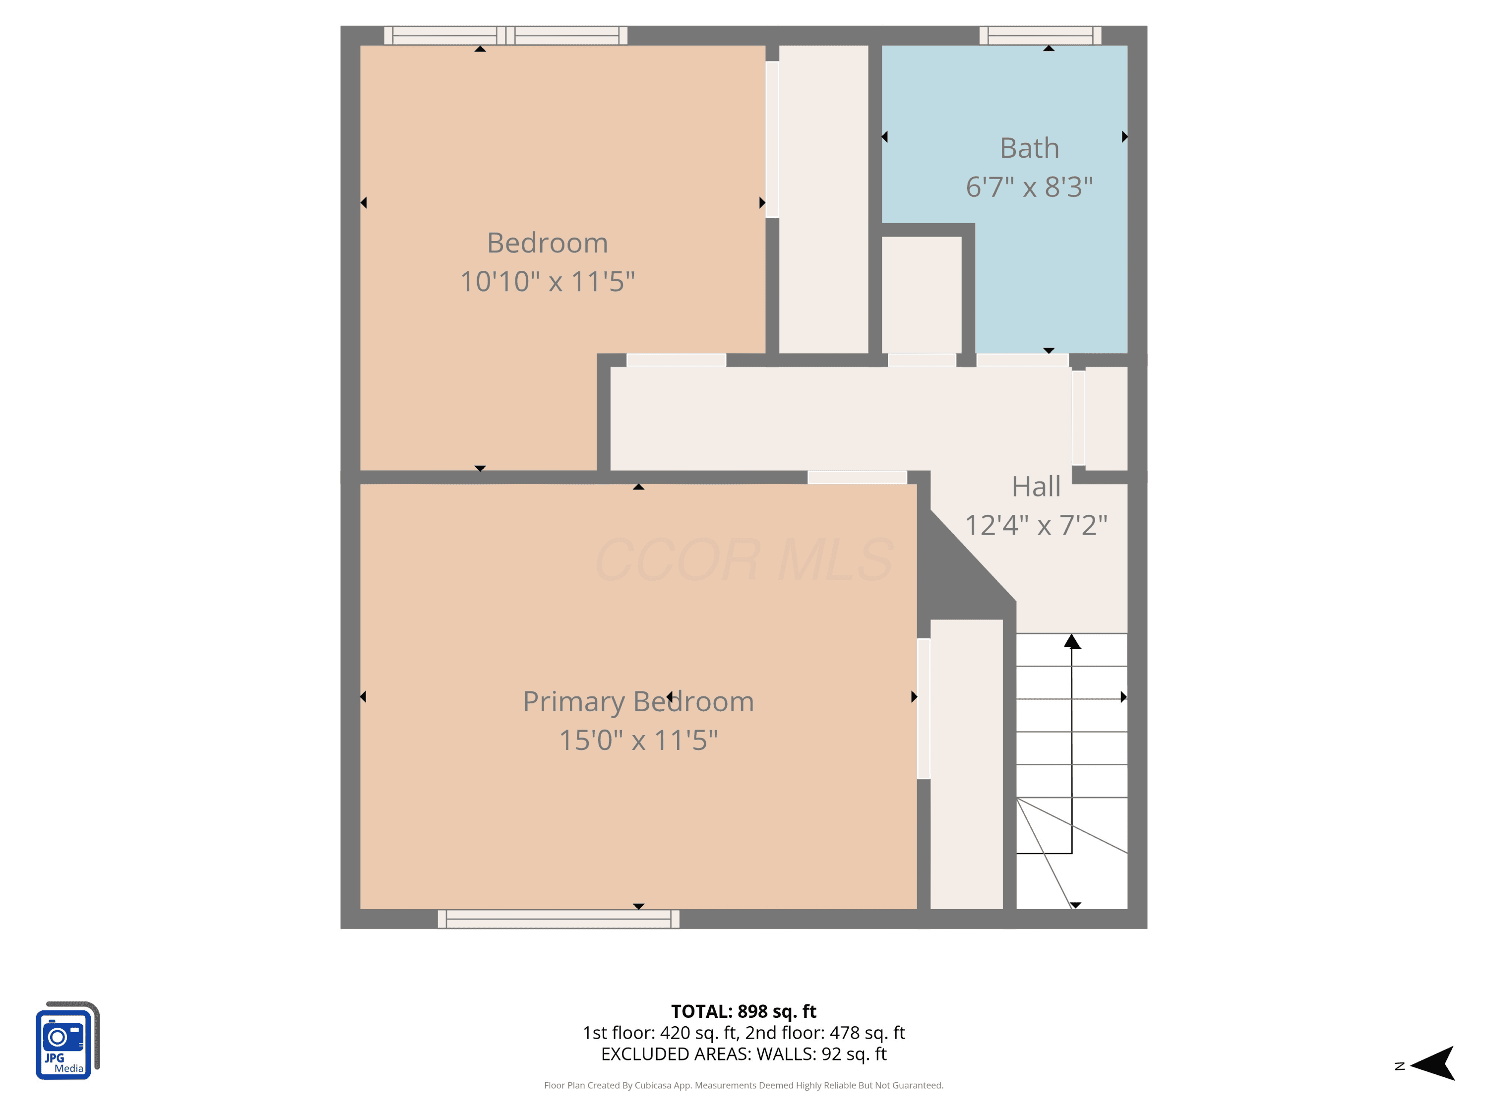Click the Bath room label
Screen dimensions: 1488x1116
[1029, 148]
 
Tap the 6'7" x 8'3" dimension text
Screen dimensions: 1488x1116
[1029, 186]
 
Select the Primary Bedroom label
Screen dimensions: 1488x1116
[638, 702]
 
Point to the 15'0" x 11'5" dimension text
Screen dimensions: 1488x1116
[638, 740]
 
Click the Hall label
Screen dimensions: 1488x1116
[1036, 487]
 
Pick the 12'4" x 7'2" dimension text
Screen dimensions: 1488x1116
[1036, 525]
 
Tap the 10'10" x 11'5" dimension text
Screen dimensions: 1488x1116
[548, 281]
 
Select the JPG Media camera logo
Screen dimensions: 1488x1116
[67, 1040]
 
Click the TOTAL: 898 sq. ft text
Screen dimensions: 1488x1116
[744, 1011]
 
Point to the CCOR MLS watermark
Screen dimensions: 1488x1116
[744, 559]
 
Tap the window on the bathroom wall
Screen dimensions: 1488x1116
[1040, 36]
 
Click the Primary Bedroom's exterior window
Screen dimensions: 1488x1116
[558, 919]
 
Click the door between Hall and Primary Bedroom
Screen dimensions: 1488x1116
[857, 477]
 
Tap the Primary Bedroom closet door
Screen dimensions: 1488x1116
[924, 708]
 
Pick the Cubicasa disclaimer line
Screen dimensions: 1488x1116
[744, 1085]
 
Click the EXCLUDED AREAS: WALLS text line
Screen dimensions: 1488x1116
[744, 1054]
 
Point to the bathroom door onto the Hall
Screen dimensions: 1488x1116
[1022, 360]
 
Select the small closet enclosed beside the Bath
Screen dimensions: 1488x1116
[921, 295]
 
